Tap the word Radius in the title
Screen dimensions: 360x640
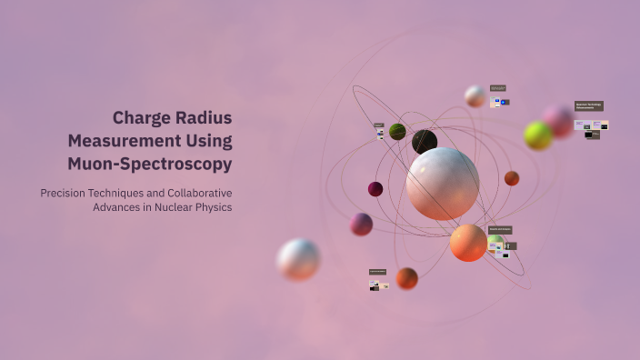204,118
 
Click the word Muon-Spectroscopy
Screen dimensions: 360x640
150,165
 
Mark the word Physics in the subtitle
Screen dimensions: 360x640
214,207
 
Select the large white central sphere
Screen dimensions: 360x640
443,184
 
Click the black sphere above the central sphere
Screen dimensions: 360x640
425,142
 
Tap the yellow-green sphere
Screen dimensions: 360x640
538,135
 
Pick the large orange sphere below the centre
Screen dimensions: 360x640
468,243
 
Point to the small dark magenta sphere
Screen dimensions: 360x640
375,189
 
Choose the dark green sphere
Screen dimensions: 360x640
397,132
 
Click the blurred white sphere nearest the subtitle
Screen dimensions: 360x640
298,259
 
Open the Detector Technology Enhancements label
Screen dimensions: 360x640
588,106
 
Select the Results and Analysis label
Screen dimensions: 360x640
500,230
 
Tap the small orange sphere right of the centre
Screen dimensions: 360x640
512,178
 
